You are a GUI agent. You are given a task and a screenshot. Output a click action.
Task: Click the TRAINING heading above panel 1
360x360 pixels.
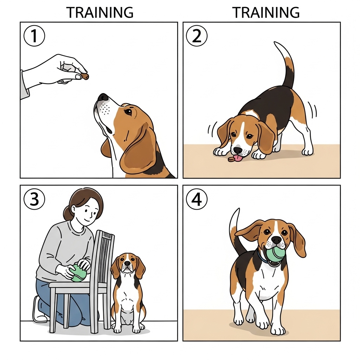100,13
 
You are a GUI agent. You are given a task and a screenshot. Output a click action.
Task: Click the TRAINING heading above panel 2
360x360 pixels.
266,13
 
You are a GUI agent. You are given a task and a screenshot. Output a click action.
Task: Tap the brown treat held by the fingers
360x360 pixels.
85,76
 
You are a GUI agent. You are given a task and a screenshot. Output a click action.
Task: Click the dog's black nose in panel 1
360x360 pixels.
103,97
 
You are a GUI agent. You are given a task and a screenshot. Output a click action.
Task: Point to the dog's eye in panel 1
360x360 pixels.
129,112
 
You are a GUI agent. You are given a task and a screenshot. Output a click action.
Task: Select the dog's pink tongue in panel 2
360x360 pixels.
239,158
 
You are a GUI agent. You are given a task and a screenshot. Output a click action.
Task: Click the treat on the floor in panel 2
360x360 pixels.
231,160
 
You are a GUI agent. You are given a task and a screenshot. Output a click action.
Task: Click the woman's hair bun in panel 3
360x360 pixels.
66,213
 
